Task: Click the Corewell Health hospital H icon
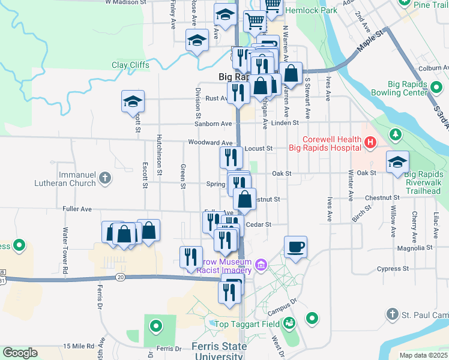tap(370, 143)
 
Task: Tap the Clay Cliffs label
tap(131, 65)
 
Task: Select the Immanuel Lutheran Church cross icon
tap(105, 178)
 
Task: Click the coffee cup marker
tap(295, 247)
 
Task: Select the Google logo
tap(20, 353)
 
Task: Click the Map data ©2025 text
tap(423, 355)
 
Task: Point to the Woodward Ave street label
tap(209, 143)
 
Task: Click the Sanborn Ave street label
tap(212, 124)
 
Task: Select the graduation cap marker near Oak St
tap(397, 162)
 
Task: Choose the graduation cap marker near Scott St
tap(133, 101)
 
